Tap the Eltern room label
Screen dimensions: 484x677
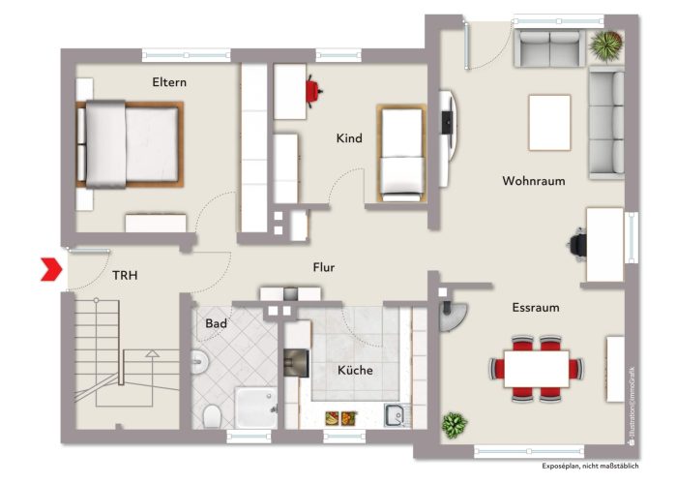[169, 82]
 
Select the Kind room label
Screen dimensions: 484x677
[349, 138]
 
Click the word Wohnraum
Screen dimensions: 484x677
[533, 181]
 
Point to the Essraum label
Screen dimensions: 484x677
[535, 308]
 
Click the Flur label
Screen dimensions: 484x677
[323, 268]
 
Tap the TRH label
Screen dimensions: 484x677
[125, 276]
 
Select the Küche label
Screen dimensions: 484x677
[354, 370]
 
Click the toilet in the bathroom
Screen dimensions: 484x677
[212, 415]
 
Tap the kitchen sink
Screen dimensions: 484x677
[395, 416]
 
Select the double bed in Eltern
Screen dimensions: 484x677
[131, 143]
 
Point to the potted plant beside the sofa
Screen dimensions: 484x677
[606, 45]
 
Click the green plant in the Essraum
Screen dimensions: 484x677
[452, 423]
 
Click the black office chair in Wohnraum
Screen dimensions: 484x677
[577, 242]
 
